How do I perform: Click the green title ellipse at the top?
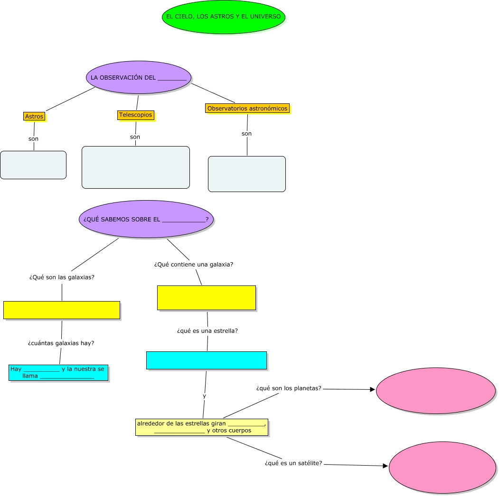223,17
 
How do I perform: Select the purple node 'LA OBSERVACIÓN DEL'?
139,78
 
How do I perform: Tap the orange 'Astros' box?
34,116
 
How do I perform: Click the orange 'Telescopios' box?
136,115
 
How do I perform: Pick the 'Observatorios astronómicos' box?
247,109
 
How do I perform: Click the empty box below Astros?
33,165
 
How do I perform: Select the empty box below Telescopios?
136,167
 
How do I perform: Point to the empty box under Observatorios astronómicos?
247,174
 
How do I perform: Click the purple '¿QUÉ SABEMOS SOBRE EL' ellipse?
146,219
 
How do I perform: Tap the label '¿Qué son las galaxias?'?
62,277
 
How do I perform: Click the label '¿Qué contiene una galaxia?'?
194,265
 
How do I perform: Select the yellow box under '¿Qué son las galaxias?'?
62,310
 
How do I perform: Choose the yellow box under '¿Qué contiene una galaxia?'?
207,298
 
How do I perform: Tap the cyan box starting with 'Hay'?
58,372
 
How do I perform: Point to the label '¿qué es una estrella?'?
207,331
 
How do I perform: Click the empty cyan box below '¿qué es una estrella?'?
207,360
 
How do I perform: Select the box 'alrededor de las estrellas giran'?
202,427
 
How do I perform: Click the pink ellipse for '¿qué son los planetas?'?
436,390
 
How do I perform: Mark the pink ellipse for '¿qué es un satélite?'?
443,468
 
